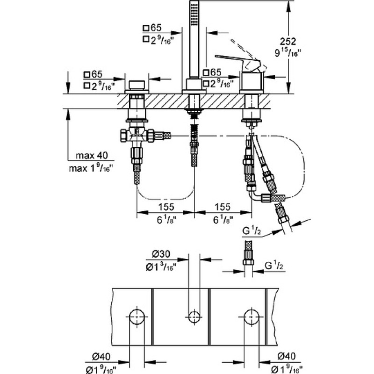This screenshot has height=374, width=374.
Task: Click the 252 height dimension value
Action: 288,42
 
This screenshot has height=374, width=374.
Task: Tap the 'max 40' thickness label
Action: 92,156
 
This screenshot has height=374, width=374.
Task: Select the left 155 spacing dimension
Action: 166,207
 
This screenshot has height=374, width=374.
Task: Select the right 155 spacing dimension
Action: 223,207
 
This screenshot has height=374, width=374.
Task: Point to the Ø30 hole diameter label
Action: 161,254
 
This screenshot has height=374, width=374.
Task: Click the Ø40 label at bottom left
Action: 101,356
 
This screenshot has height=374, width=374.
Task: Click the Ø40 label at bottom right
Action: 286,356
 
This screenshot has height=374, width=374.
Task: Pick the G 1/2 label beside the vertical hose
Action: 274,266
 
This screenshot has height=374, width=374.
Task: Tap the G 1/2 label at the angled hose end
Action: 252,231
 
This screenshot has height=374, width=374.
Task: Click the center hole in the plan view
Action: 194,317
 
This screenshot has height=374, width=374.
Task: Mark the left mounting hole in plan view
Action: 137,317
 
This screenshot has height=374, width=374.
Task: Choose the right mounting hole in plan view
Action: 252,317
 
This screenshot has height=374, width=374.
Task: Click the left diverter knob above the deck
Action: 137,85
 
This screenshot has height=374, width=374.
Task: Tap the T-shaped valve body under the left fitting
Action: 137,136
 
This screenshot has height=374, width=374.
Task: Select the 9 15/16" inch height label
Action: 287,53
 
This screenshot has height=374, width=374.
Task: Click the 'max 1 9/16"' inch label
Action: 91,168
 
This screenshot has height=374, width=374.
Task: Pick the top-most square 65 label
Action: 152,28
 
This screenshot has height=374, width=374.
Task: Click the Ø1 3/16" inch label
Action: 161,267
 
